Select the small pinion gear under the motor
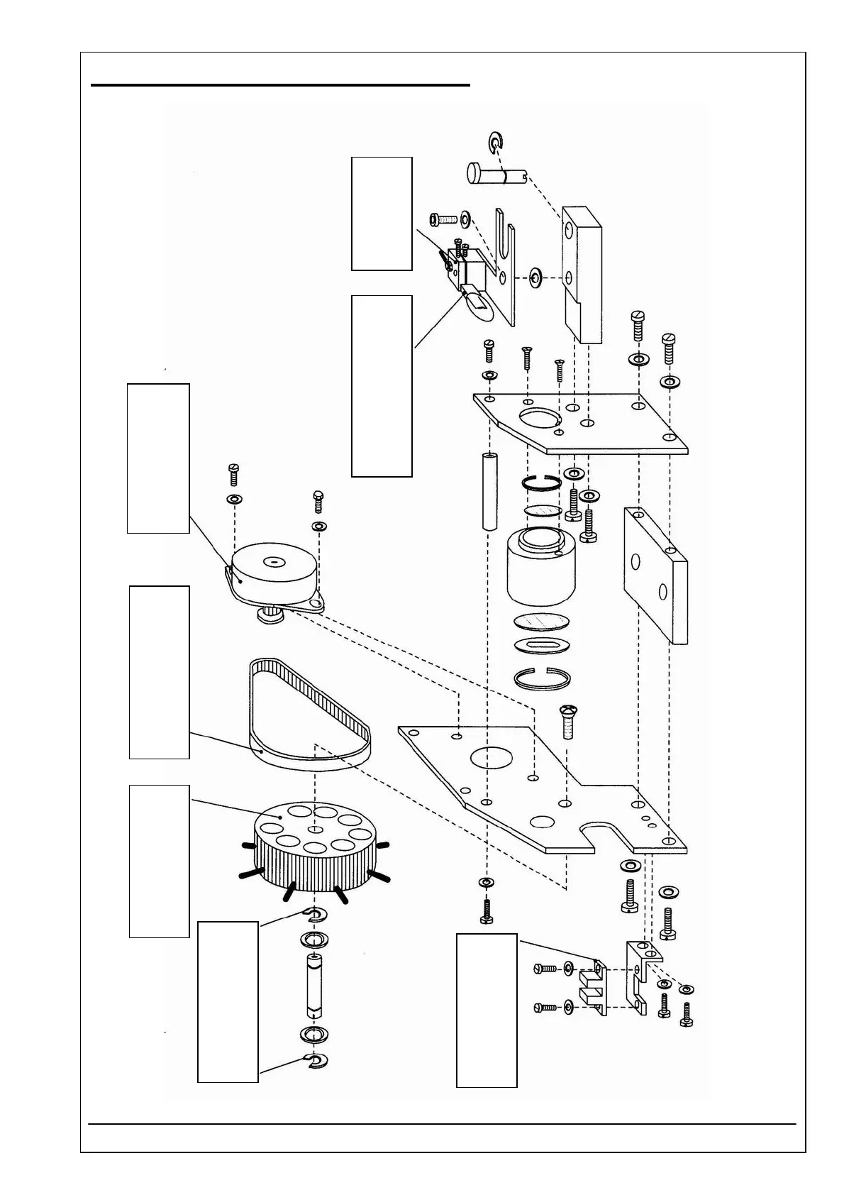tap(270, 615)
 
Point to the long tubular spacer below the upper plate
tap(488, 490)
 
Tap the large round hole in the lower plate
tap(489, 759)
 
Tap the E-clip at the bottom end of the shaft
tap(316, 1060)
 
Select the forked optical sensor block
tap(593, 987)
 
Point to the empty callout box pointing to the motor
tap(158, 458)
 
